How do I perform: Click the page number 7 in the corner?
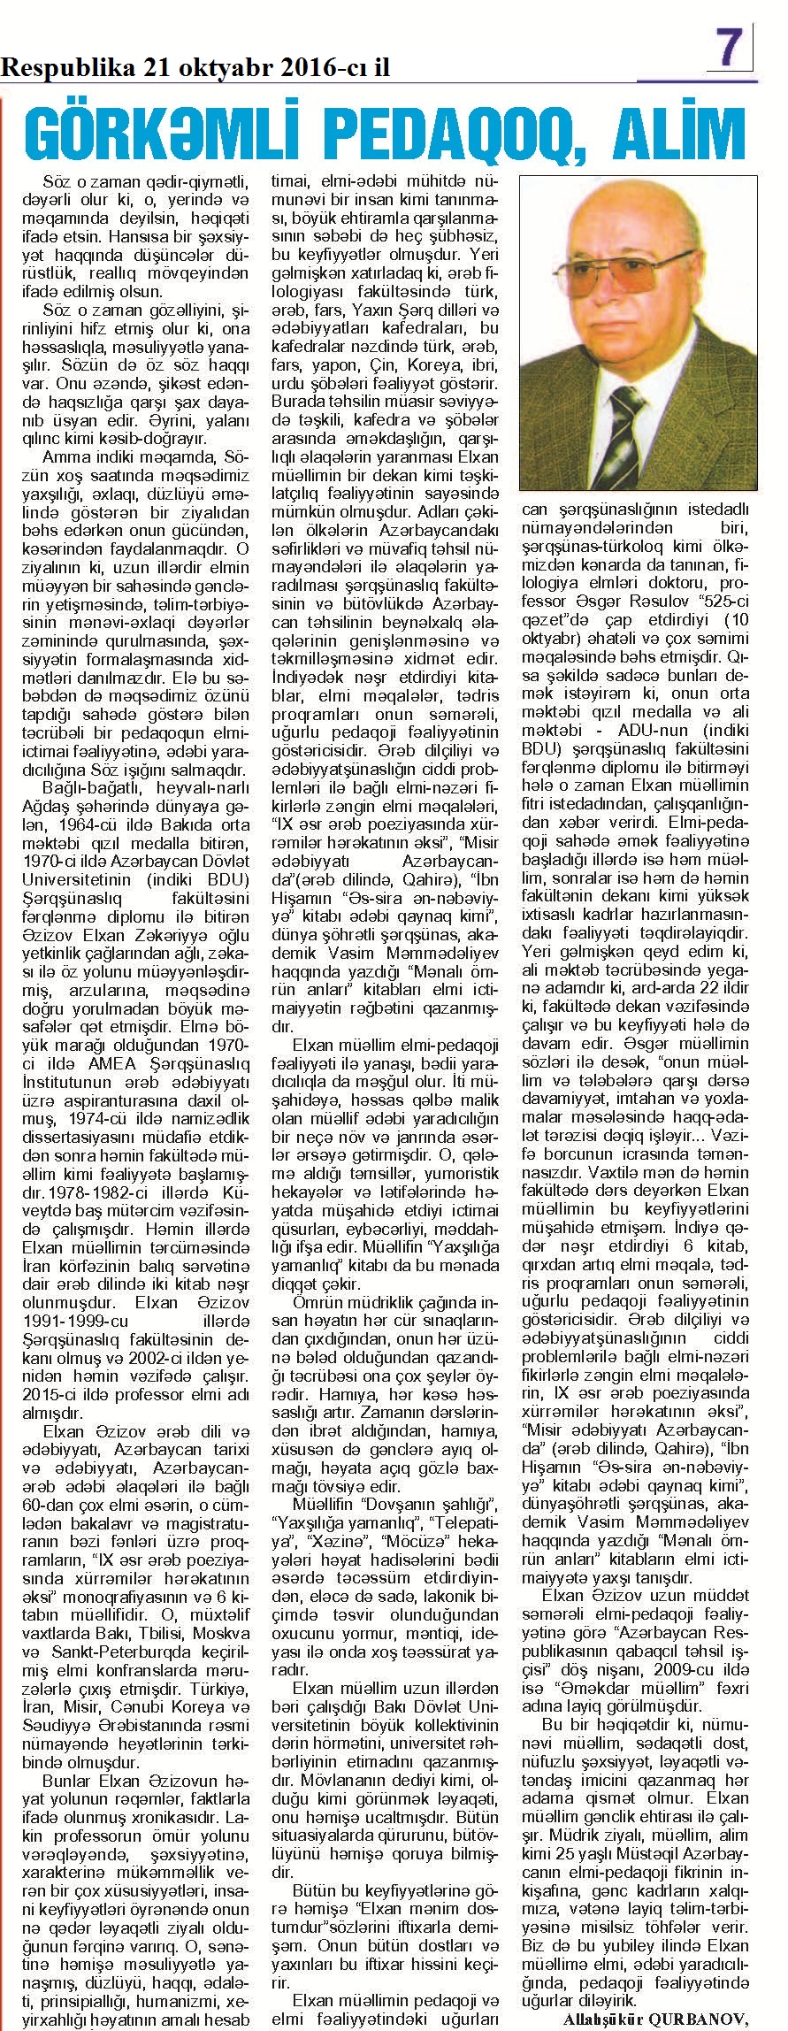[730, 45]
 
